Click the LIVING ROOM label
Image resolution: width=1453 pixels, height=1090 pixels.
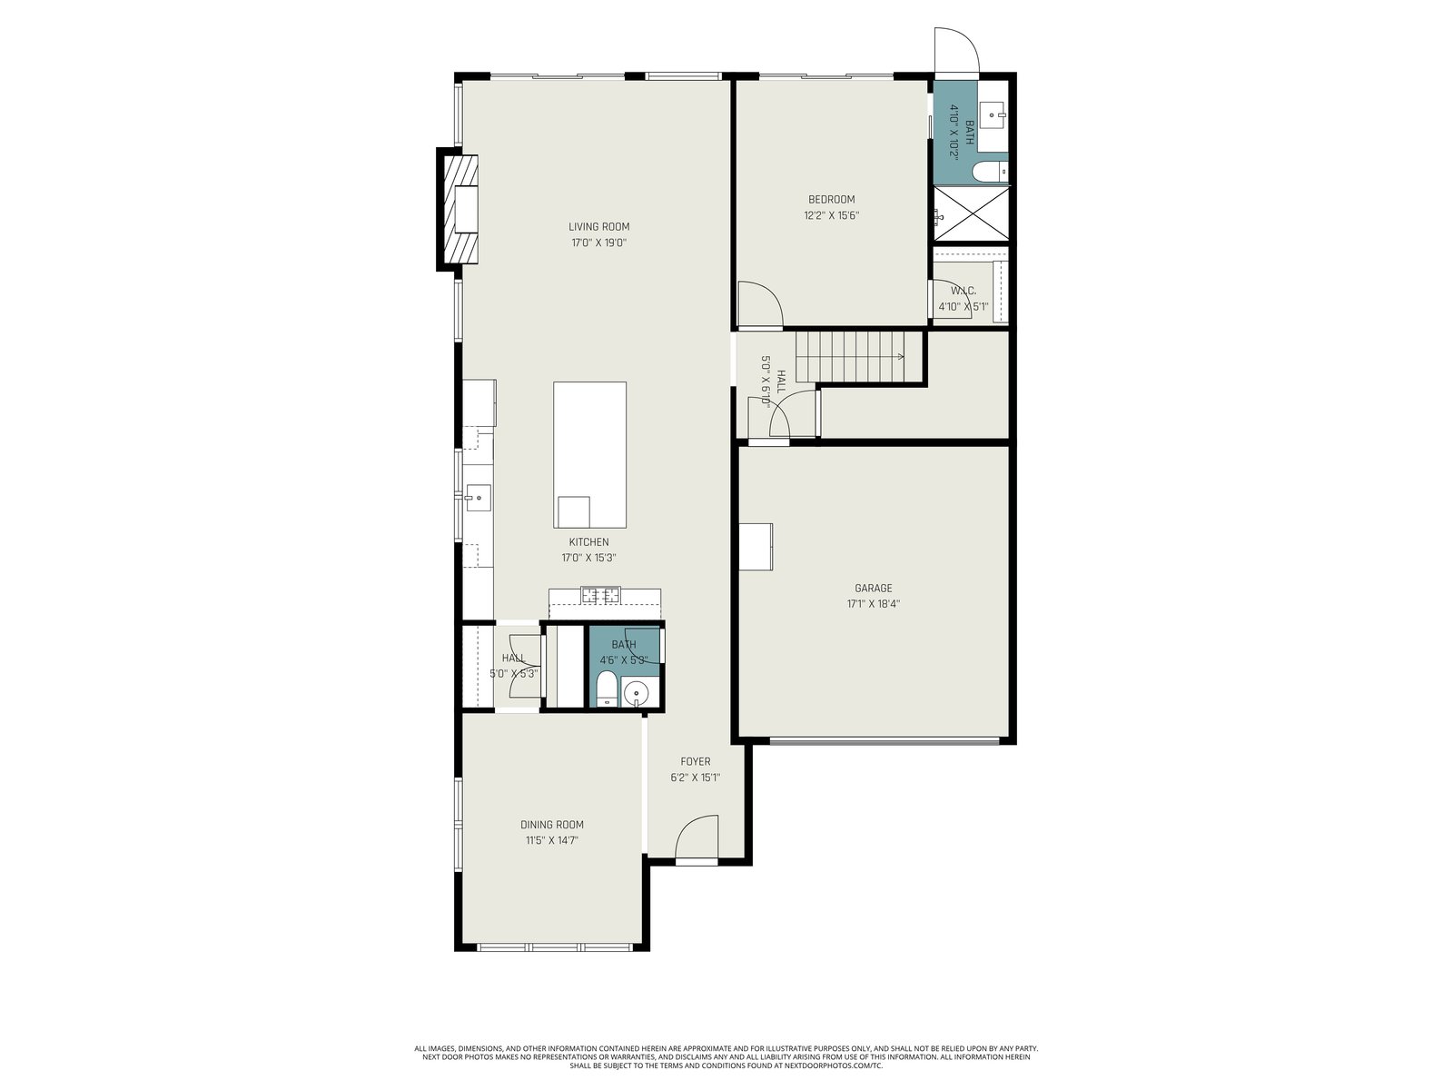click(x=598, y=226)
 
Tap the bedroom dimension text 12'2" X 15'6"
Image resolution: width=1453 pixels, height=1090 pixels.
click(x=831, y=215)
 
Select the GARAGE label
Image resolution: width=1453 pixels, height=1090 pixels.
click(x=873, y=588)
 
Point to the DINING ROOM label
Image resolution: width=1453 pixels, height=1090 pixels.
click(x=551, y=825)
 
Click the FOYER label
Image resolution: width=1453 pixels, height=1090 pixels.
click(x=695, y=762)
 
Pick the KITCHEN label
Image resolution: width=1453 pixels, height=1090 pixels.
click(x=588, y=542)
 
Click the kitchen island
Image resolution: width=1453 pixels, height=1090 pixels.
click(x=589, y=455)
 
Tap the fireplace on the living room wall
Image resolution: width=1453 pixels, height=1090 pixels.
click(x=458, y=209)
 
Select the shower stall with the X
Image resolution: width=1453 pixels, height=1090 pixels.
click(x=971, y=213)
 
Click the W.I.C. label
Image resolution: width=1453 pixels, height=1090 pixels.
click(x=964, y=292)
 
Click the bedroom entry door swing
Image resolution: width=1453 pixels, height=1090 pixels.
click(x=761, y=304)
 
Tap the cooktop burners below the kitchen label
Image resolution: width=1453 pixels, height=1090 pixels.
click(x=600, y=595)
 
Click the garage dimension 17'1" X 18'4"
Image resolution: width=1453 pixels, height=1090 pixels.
click(x=873, y=603)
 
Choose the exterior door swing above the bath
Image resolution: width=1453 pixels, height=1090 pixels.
click(x=956, y=50)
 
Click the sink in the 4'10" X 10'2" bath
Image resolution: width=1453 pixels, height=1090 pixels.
click(x=993, y=118)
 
